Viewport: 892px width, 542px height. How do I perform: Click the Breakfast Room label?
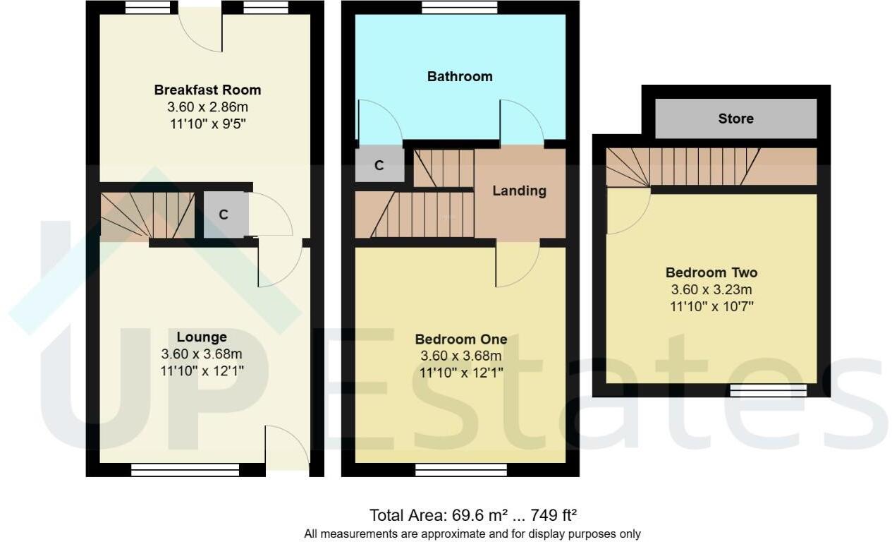click(x=207, y=90)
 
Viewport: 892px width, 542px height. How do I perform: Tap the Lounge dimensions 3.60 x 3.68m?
click(x=202, y=354)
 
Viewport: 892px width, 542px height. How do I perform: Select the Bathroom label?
click(x=460, y=76)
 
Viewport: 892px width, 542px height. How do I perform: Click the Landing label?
click(x=519, y=191)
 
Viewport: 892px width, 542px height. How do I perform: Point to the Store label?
click(x=735, y=119)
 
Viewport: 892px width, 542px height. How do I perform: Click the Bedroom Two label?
click(x=711, y=272)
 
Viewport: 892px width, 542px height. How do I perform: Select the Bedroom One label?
click(x=460, y=339)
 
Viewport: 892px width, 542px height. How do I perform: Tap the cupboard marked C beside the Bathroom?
click(x=379, y=165)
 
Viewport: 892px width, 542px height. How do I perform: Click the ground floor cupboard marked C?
click(x=224, y=215)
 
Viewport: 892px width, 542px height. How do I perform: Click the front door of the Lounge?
click(x=286, y=445)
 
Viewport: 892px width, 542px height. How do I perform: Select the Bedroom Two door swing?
click(x=626, y=210)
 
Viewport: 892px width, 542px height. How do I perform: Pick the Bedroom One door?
click(x=516, y=263)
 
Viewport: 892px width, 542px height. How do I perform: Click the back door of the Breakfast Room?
click(x=200, y=28)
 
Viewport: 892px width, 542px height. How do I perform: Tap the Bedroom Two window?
click(x=768, y=390)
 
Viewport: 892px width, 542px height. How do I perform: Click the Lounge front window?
click(x=185, y=469)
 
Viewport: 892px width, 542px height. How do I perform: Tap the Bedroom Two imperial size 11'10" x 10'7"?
click(x=711, y=306)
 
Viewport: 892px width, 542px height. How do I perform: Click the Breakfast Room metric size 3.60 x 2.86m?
click(x=207, y=107)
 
